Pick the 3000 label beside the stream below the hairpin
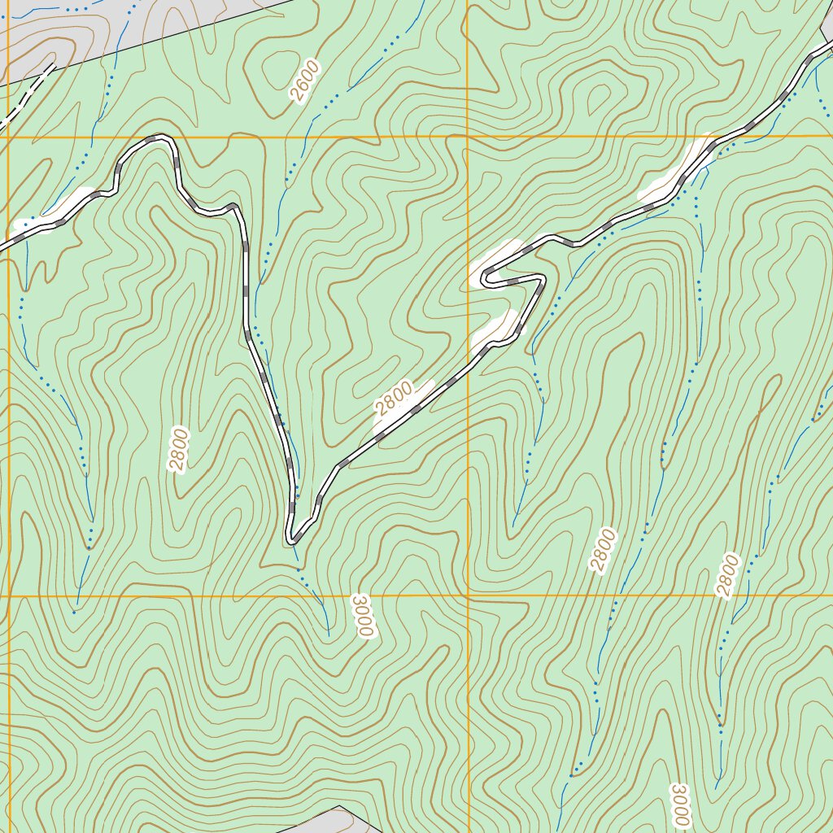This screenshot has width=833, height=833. click(363, 616)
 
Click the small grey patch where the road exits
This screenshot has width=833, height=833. click(826, 24)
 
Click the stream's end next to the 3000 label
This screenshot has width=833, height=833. click(328, 633)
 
